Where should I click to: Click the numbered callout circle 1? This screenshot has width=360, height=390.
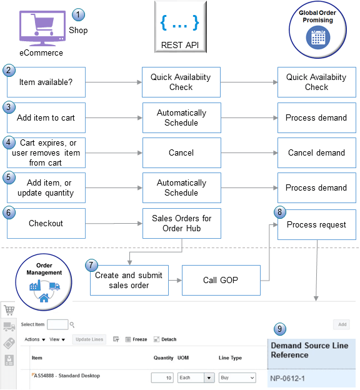[x=78, y=14]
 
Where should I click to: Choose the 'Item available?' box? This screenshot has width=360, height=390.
[x=46, y=82]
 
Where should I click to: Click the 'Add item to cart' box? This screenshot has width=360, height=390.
[x=46, y=117]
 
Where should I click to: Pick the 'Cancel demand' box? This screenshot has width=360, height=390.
[x=316, y=152]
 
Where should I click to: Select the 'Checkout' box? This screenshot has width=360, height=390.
[x=46, y=223]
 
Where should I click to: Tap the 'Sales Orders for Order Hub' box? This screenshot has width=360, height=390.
[x=181, y=223]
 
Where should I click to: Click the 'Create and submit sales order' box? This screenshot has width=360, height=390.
[x=129, y=280]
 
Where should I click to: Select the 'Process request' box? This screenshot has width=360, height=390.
[x=316, y=224]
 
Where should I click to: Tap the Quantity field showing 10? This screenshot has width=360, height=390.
[x=162, y=378]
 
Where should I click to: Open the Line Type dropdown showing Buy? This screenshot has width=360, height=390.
[x=237, y=378]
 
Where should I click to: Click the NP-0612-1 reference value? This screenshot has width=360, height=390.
[x=292, y=379]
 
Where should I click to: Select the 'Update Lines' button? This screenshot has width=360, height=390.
[x=89, y=339]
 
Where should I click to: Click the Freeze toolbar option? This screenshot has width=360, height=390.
[x=136, y=339]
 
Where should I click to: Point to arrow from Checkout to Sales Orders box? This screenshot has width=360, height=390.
[x=113, y=223]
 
